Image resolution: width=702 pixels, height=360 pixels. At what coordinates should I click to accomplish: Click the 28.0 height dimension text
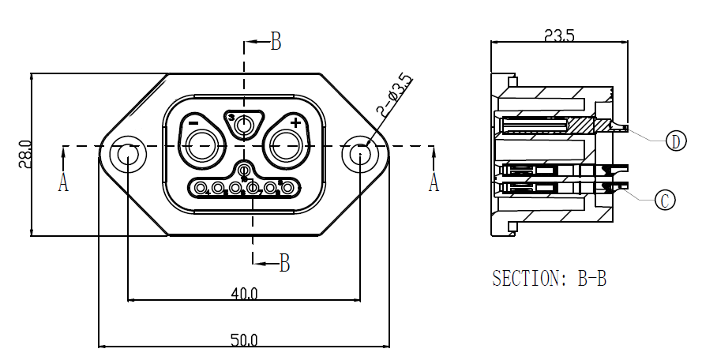pyautogui.click(x=24, y=155)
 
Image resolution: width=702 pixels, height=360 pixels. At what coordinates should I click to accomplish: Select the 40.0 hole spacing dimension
pyautogui.click(x=244, y=294)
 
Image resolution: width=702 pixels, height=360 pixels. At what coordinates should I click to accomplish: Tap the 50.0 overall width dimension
pyautogui.click(x=244, y=340)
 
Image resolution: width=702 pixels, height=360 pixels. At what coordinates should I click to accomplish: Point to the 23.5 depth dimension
pyautogui.click(x=558, y=35)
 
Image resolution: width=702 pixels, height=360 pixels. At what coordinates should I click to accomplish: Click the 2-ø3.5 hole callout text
pyautogui.click(x=395, y=96)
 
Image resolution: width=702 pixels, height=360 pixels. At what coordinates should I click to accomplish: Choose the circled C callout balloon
pyautogui.click(x=665, y=201)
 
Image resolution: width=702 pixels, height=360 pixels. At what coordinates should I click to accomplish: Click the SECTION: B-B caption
pyautogui.click(x=549, y=279)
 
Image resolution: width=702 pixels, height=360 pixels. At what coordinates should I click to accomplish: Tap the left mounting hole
pyautogui.click(x=127, y=155)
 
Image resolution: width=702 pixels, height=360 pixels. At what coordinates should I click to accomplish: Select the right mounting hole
pyautogui.click(x=359, y=155)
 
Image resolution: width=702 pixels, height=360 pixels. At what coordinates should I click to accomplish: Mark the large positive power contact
pyautogui.click(x=285, y=144)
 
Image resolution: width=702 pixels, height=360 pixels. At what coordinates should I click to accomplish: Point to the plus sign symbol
pyautogui.click(x=295, y=122)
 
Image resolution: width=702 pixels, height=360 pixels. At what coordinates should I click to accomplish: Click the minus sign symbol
pyautogui.click(x=193, y=123)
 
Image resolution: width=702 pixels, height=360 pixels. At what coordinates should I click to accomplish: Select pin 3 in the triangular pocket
pyautogui.click(x=245, y=124)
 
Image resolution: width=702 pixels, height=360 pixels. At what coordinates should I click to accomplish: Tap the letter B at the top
pyautogui.click(x=276, y=42)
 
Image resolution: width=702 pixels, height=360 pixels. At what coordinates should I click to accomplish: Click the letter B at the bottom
pyautogui.click(x=285, y=263)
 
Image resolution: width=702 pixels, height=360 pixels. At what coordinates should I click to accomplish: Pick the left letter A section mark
pyautogui.click(x=63, y=183)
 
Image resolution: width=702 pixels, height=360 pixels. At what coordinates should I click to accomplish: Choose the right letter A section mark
pyautogui.click(x=433, y=183)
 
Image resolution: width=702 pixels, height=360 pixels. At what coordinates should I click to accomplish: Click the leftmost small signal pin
pyautogui.click(x=201, y=188)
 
